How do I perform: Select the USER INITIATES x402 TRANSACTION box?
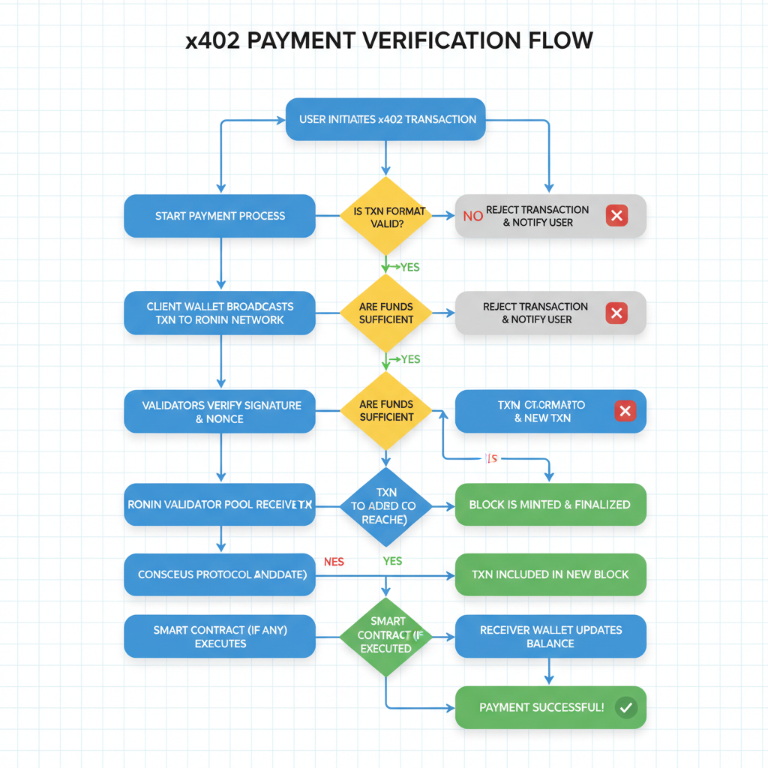(386, 118)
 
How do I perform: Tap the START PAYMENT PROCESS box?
(220, 216)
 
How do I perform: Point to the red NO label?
(472, 217)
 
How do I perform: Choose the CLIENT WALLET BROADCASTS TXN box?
(220, 313)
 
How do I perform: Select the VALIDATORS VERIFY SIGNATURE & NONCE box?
(220, 411)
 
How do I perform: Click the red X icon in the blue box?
(625, 411)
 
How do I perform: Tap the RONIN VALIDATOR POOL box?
(220, 505)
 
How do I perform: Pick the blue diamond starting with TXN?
(386, 507)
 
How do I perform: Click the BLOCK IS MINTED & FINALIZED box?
(550, 505)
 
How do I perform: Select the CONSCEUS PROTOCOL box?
(220, 574)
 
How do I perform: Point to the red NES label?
(334, 561)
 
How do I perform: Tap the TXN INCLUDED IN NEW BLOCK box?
(550, 574)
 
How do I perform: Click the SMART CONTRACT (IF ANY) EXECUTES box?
(220, 637)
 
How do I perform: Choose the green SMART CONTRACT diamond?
(386, 636)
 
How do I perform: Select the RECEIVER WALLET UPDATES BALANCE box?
(550, 637)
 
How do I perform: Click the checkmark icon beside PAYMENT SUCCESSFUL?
(625, 707)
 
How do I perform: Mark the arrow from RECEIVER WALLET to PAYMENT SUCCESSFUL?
(550, 670)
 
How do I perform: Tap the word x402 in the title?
(213, 40)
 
